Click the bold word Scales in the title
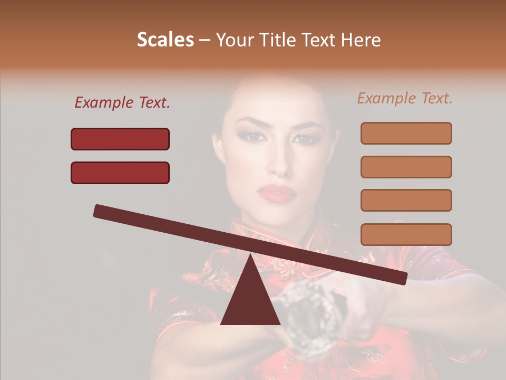(x=165, y=40)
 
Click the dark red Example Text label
(x=122, y=103)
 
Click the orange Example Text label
(x=405, y=98)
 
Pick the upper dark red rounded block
(x=120, y=139)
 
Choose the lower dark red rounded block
(x=120, y=173)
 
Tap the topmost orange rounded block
(x=406, y=133)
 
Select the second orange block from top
(x=406, y=167)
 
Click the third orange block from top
(x=406, y=200)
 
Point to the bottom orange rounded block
(x=406, y=234)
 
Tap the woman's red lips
(x=277, y=193)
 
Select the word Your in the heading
(x=234, y=40)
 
